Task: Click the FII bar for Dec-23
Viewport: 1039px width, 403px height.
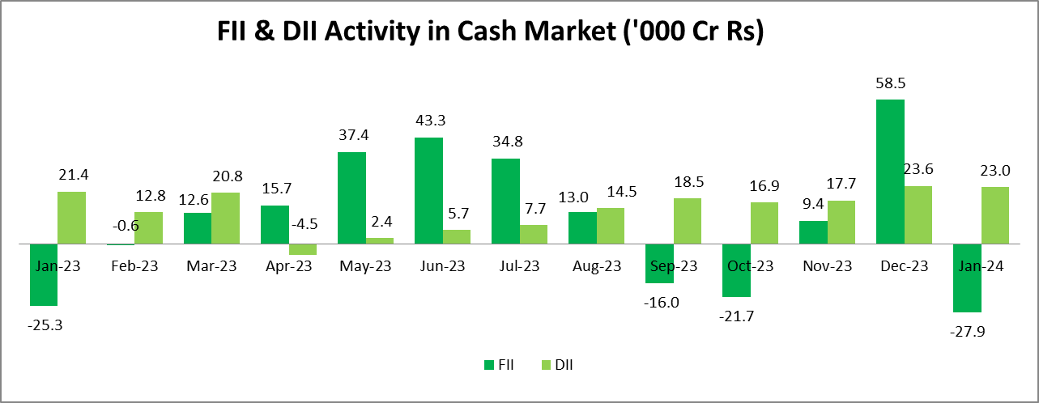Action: point(890,172)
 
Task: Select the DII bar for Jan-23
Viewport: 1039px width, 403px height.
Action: point(71,217)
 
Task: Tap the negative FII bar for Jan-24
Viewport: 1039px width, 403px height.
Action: point(967,278)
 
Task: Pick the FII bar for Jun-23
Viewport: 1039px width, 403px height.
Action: point(428,190)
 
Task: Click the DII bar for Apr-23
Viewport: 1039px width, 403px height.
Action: point(303,249)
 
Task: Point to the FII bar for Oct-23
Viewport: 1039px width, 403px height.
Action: point(736,270)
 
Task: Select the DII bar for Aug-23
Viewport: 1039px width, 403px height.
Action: point(611,226)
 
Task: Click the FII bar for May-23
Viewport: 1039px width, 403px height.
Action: point(351,197)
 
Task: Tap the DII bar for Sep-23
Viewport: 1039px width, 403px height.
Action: point(688,220)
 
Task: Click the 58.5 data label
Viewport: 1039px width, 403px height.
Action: point(890,83)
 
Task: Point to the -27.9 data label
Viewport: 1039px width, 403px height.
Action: point(967,331)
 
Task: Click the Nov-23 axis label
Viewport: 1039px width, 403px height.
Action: point(827,265)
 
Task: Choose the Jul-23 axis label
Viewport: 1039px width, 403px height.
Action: point(519,265)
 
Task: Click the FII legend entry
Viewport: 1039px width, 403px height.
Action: point(499,365)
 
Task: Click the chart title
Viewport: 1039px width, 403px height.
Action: point(491,32)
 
